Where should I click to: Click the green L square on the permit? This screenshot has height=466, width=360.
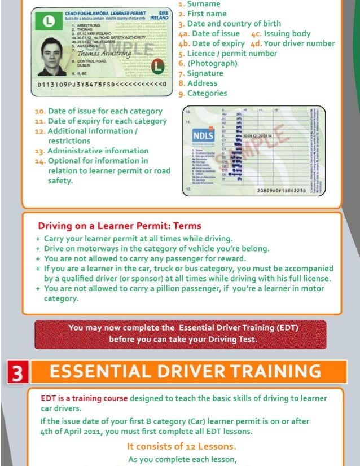(x=41, y=23)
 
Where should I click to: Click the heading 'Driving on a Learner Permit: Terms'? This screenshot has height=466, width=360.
(x=119, y=226)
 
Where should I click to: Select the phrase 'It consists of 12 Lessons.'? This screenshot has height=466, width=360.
(x=181, y=448)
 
